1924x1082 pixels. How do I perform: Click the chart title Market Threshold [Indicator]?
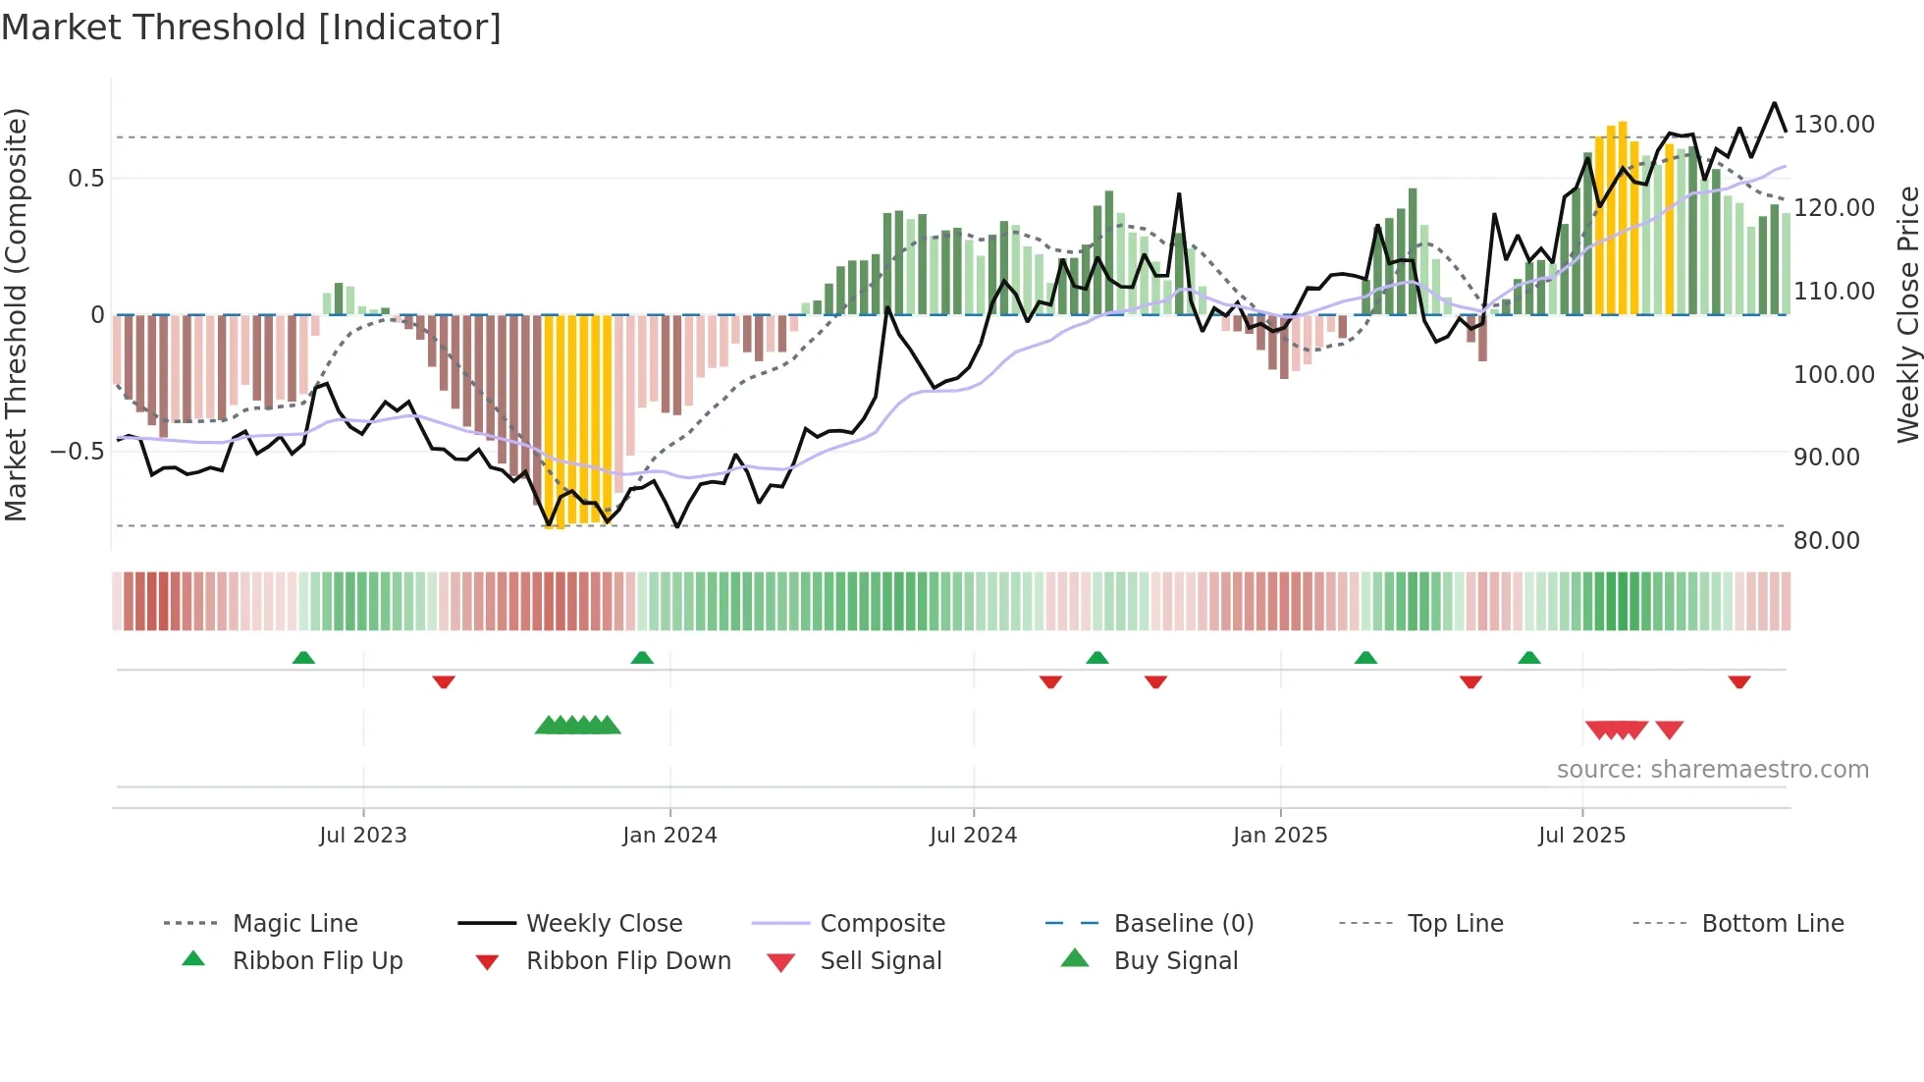251,27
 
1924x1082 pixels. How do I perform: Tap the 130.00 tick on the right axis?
1834,125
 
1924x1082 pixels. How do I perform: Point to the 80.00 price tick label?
1826,541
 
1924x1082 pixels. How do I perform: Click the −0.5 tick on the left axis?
77,452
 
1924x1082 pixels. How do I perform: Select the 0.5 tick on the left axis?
85,179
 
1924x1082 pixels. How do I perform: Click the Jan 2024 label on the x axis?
669,836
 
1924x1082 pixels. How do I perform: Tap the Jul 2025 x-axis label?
1581,836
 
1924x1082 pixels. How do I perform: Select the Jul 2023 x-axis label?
362,836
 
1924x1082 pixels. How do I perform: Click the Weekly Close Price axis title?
1906,314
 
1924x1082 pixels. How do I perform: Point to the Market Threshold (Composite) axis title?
16,314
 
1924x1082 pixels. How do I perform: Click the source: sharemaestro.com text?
1712,770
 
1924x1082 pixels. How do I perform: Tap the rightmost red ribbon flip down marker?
1739,681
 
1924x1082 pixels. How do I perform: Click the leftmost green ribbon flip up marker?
303,658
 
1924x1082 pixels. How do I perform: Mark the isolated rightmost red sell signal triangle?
1669,730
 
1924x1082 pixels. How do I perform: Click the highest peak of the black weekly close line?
1774,103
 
